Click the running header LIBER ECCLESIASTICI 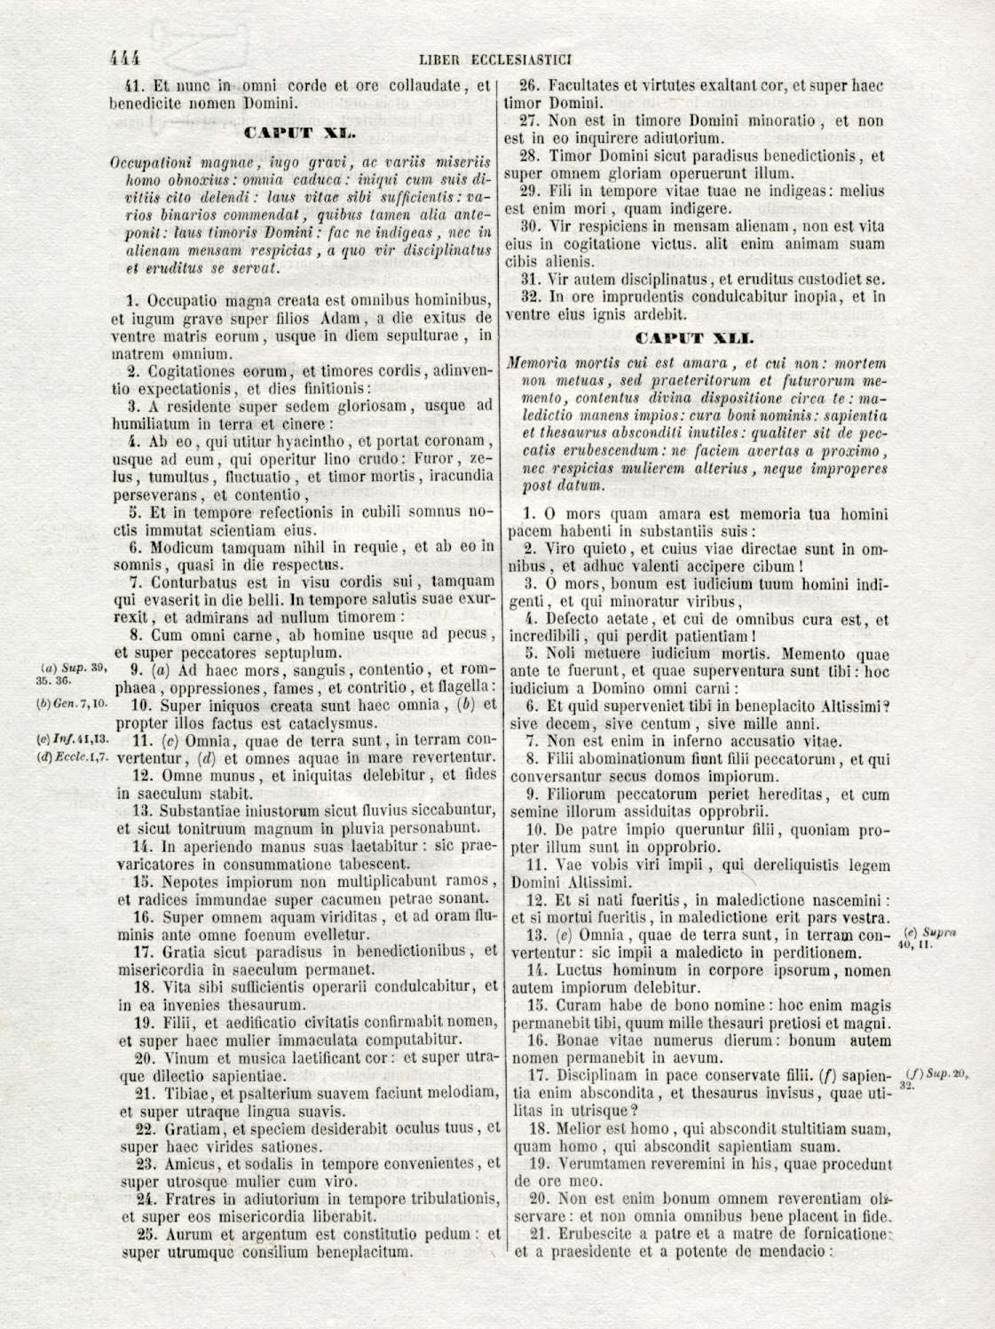(x=494, y=60)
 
